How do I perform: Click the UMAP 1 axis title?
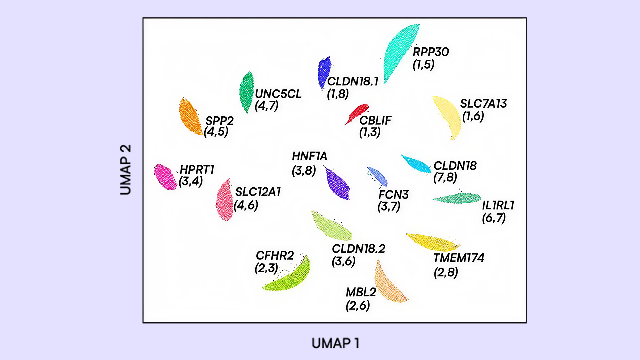coord(335,343)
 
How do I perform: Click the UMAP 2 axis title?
coord(125,170)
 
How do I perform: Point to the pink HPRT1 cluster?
coord(165,177)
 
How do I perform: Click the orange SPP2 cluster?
coord(190,117)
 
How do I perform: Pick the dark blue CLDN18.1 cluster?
coord(324,72)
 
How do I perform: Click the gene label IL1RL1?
coord(498,205)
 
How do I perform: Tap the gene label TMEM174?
coord(459,258)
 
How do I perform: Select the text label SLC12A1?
coord(258,192)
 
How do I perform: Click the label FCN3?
coord(394,195)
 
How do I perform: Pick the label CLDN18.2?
coord(358,249)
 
